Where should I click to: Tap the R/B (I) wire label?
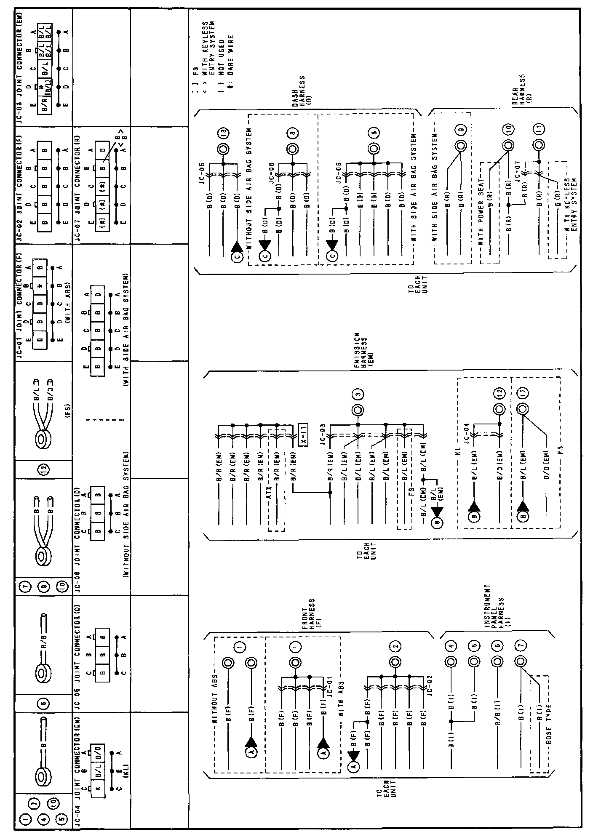498,707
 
